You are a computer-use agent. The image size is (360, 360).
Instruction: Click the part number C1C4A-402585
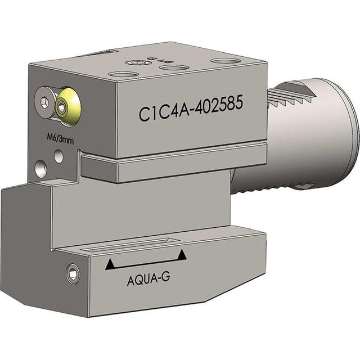(x=191, y=111)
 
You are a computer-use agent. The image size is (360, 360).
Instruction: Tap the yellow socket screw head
(x=67, y=103)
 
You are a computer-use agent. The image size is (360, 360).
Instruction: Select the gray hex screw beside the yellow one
(x=44, y=102)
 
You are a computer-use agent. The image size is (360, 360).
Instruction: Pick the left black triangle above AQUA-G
(x=110, y=263)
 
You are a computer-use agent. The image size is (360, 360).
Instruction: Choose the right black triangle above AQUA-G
(x=181, y=256)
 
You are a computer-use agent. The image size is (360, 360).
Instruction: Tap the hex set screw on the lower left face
(x=72, y=273)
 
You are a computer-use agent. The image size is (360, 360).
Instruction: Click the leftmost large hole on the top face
(x=120, y=74)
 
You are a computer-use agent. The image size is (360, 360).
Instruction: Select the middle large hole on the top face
(x=174, y=68)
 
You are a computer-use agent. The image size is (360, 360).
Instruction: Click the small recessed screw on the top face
(x=136, y=63)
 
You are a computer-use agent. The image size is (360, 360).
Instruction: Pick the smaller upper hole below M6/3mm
(x=58, y=157)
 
